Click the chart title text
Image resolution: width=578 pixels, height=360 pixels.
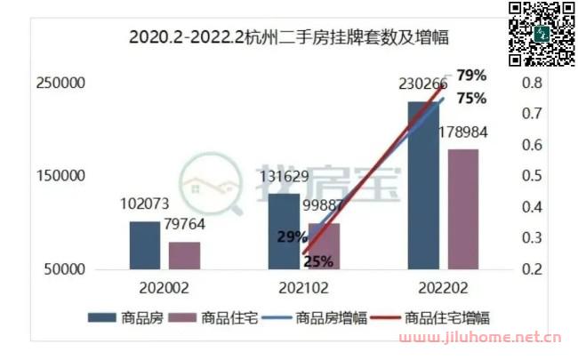tap(288, 37)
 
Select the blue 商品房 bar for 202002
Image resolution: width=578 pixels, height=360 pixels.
tap(144, 244)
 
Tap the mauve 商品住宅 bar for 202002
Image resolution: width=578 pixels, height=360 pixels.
tap(184, 255)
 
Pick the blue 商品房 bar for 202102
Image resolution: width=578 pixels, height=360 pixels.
tap(284, 231)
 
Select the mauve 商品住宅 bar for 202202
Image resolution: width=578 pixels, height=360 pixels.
tap(462, 209)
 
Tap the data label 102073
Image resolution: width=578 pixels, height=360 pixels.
tap(145, 204)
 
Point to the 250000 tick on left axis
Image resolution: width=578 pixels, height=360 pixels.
tap(60, 83)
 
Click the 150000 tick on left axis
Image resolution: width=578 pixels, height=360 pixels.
tap(60, 176)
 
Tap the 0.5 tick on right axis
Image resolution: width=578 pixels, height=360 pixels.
tap(533, 176)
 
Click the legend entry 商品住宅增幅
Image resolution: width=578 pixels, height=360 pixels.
tap(447, 317)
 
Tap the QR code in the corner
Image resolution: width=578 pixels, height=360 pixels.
tap(542, 33)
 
